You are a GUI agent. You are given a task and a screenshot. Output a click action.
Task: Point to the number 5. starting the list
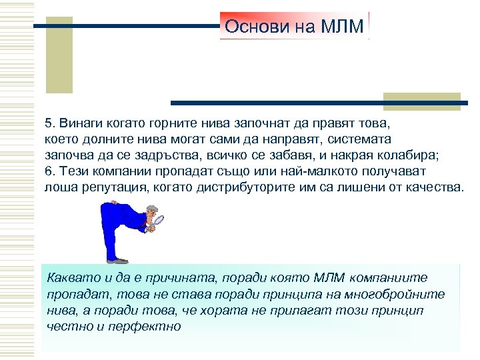tap(50, 123)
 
